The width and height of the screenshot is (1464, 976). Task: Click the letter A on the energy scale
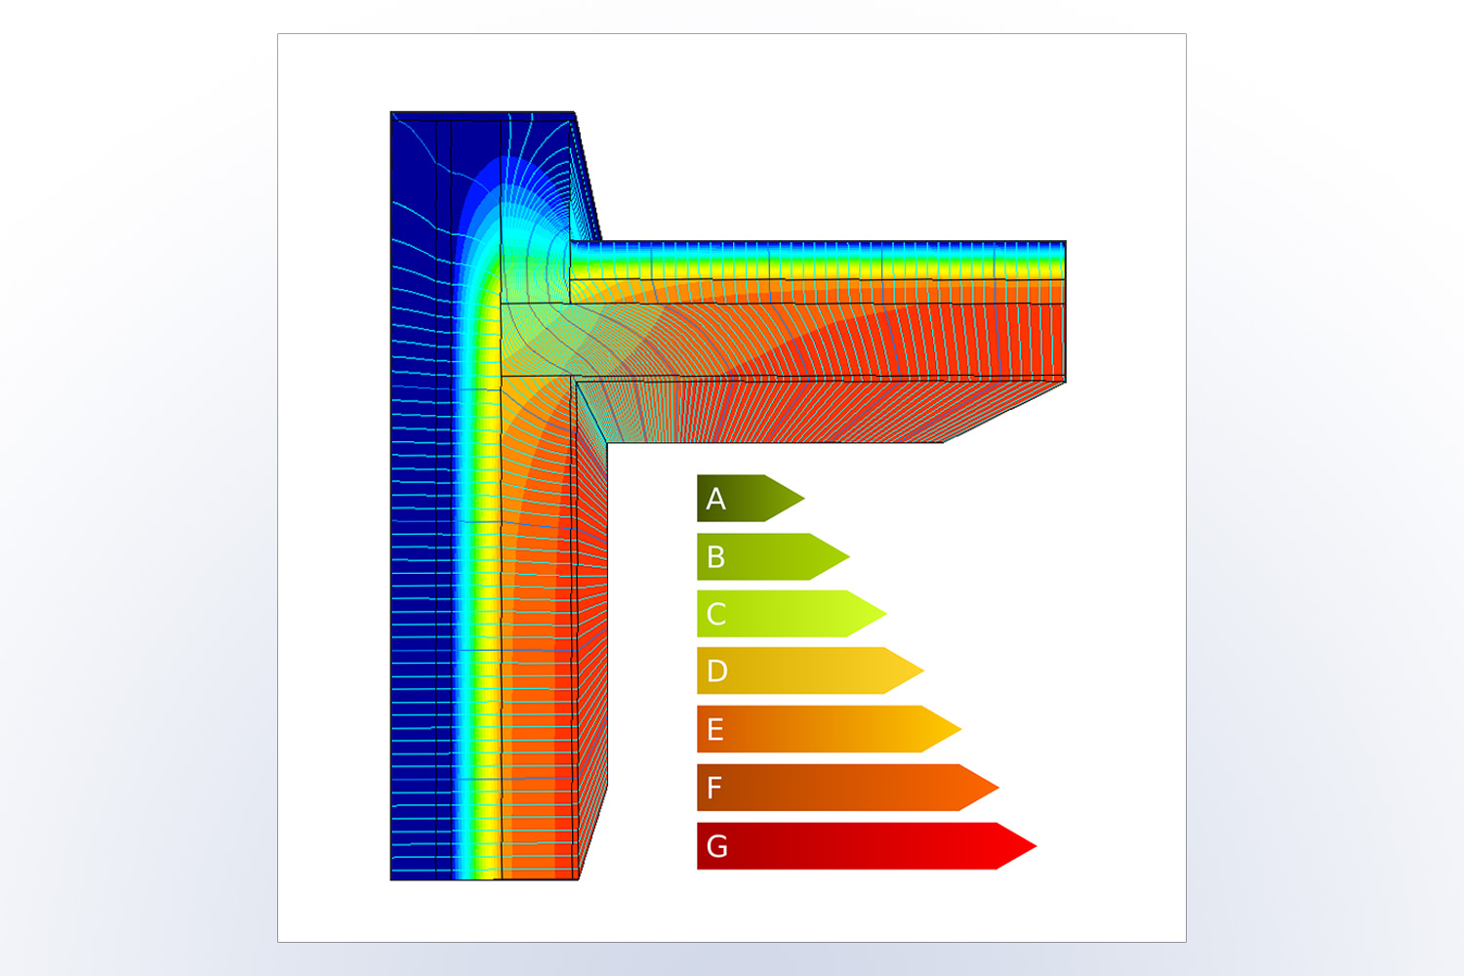(715, 499)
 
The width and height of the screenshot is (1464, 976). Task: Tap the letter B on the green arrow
(715, 557)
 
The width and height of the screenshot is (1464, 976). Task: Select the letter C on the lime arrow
(716, 614)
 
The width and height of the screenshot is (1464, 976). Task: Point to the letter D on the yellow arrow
(717, 671)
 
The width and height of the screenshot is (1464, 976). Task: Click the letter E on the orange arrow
(715, 729)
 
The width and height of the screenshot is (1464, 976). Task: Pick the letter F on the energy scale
(714, 788)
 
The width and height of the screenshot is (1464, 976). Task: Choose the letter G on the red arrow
(717, 846)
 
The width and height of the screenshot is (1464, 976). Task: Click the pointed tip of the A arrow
(804, 498)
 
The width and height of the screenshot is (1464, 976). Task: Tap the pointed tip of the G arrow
(1037, 846)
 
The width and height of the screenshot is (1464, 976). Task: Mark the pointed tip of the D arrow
(923, 671)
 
